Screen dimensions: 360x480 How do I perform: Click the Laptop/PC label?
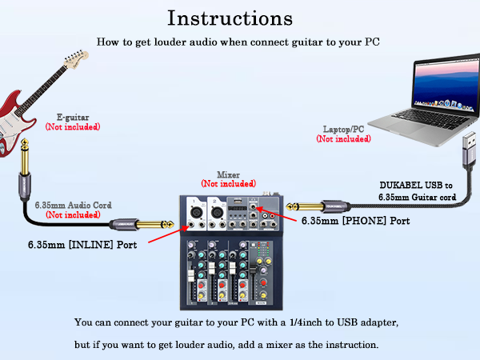pos(343,130)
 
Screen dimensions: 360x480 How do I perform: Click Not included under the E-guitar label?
pos(72,127)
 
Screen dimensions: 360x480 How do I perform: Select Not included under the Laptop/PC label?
pos(343,139)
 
